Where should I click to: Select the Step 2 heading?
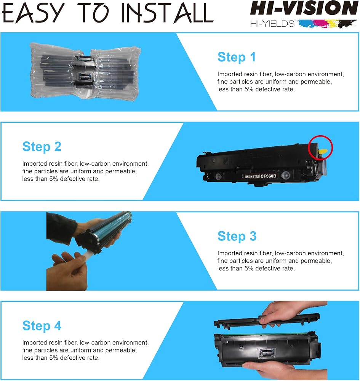42,147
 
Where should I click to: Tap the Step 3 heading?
237,237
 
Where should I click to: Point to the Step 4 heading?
42,326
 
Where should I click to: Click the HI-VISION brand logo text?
304,8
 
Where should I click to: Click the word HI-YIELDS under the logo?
272,24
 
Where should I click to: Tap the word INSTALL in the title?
167,13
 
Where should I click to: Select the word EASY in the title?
33,13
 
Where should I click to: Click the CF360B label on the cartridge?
268,176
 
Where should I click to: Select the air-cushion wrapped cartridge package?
85,72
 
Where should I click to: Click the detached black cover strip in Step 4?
267,320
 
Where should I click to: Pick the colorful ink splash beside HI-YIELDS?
328,24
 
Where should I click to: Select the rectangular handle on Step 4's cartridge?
267,353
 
